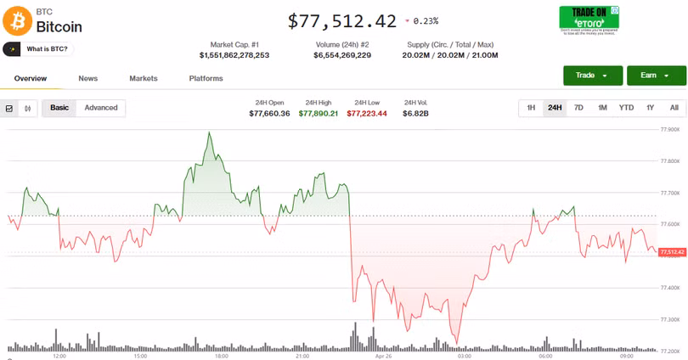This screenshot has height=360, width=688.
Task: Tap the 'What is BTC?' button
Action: pyautogui.click(x=39, y=49)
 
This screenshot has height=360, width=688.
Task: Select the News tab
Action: pyautogui.click(x=87, y=78)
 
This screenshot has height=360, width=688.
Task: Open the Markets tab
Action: pyautogui.click(x=144, y=78)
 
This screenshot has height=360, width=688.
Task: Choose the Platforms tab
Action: pyautogui.click(x=206, y=78)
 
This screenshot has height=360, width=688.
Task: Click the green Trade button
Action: pyautogui.click(x=592, y=76)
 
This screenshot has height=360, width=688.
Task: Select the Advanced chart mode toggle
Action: pyautogui.click(x=101, y=108)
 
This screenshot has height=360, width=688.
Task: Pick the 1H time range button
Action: pyautogui.click(x=531, y=108)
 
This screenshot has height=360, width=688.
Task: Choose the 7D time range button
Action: pyautogui.click(x=578, y=108)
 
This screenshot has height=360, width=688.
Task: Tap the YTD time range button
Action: pyautogui.click(x=626, y=108)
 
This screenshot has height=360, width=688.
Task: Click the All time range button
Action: pyautogui.click(x=674, y=108)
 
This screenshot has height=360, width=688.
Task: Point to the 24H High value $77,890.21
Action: pyautogui.click(x=319, y=113)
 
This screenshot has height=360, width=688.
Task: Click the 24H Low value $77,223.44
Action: pyautogui.click(x=367, y=113)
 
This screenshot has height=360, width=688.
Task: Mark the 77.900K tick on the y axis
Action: pyautogui.click(x=670, y=130)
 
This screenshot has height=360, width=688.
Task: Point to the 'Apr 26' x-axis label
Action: pyautogui.click(x=382, y=357)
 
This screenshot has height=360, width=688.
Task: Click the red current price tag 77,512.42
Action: pyautogui.click(x=671, y=252)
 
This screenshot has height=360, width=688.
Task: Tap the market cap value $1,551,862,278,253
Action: pyautogui.click(x=234, y=55)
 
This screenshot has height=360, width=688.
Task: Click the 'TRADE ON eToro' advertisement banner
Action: pyautogui.click(x=589, y=20)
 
